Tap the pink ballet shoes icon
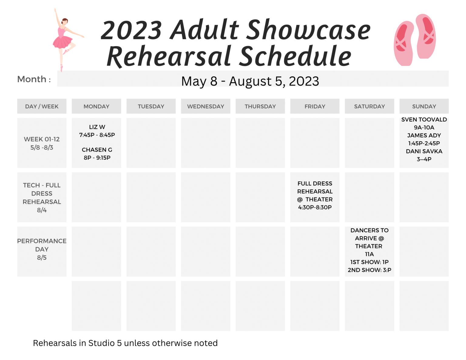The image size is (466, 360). pyautogui.click(x=415, y=40)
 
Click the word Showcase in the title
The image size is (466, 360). pyautogui.click(x=309, y=30)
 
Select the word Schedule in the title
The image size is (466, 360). pyautogui.click(x=295, y=56)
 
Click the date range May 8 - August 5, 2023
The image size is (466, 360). pyautogui.click(x=250, y=81)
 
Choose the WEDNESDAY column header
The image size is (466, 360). pyautogui.click(x=205, y=106)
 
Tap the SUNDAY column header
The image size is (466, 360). pyautogui.click(x=424, y=106)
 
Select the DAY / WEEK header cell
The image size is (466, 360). pyautogui.click(x=42, y=106)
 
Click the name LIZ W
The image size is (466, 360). pyautogui.click(x=97, y=127)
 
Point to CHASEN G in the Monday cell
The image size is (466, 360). pyautogui.click(x=97, y=150)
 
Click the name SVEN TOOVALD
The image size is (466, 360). pyautogui.click(x=424, y=119)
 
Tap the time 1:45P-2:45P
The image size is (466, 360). pyautogui.click(x=424, y=143)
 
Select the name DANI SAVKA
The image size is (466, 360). pyautogui.click(x=424, y=151)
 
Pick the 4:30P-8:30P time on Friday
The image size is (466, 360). pyautogui.click(x=315, y=207)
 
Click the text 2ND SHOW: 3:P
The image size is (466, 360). pyautogui.click(x=369, y=270)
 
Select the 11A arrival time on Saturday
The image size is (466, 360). pyautogui.click(x=369, y=254)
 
